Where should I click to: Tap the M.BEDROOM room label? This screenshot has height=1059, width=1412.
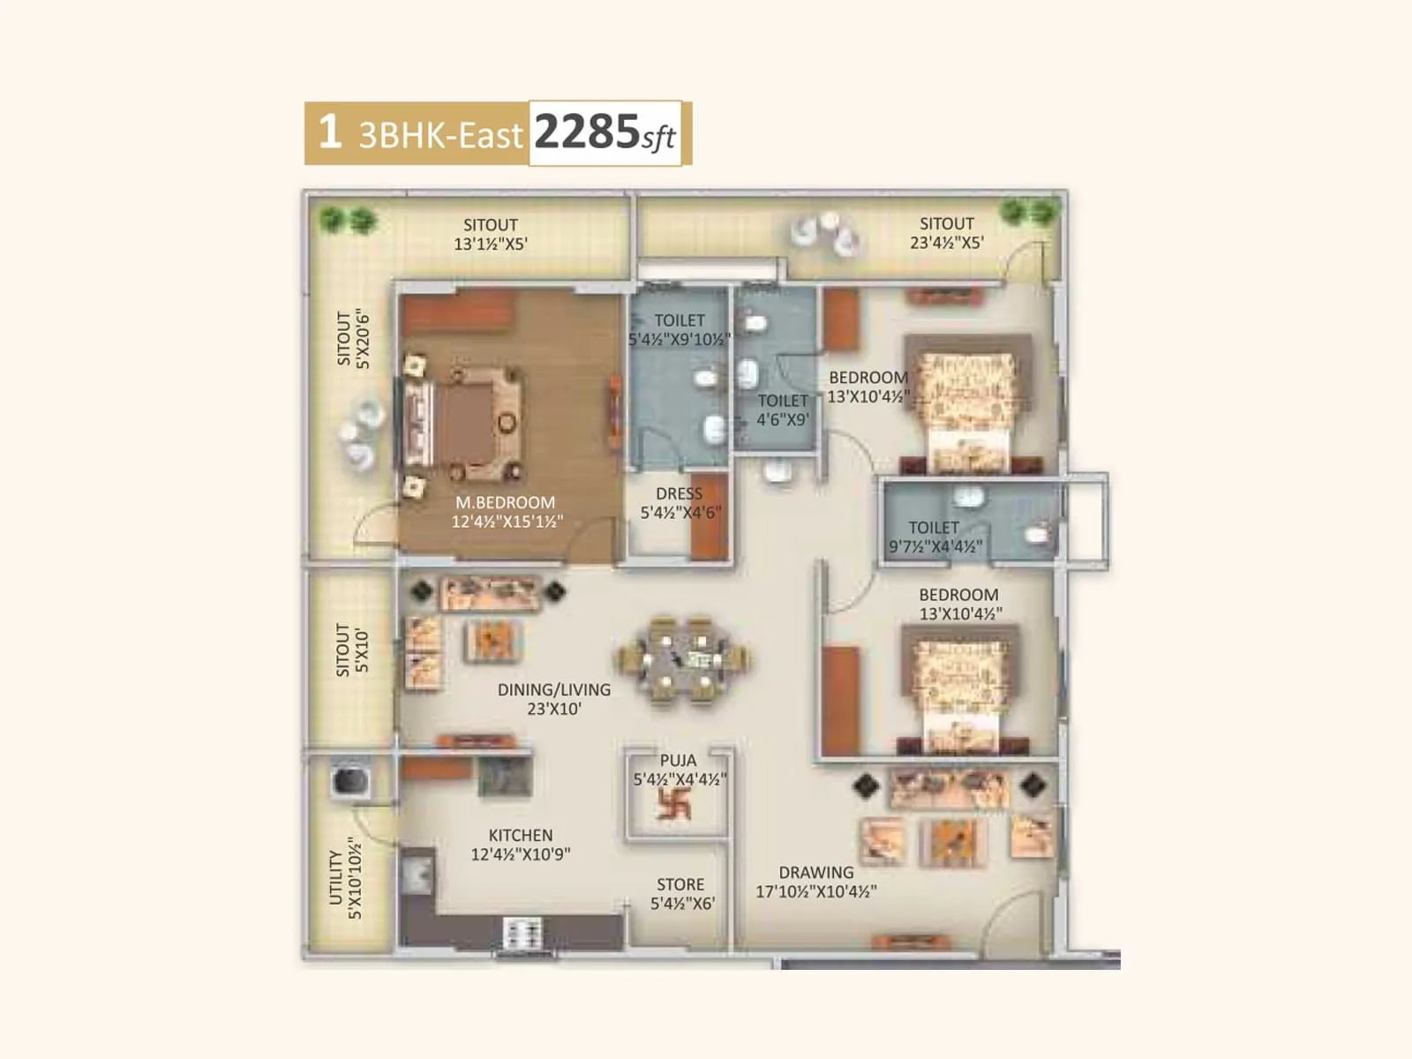505,502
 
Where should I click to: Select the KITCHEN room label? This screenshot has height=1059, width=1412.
521,835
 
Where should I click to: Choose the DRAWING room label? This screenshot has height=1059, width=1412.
816,872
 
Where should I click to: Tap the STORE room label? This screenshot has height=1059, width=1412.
680,884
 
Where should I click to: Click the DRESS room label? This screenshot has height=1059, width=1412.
680,493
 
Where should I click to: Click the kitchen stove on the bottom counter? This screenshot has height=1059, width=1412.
522,932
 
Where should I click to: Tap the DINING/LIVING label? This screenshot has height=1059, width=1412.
554,689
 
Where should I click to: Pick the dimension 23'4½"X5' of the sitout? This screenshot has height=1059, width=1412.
947,243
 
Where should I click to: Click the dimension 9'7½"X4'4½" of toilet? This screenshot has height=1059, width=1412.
935,547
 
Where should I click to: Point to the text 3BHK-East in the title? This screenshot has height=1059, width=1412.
440,135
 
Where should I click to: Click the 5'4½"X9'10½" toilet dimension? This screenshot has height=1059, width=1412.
680,340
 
